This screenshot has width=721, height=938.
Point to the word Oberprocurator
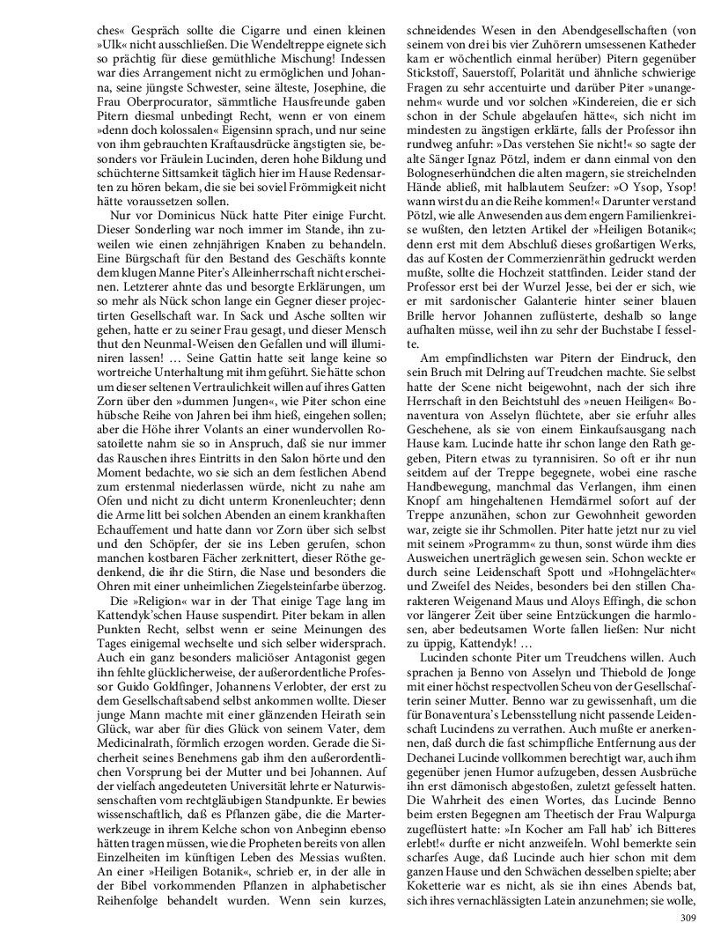(x=169, y=89)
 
